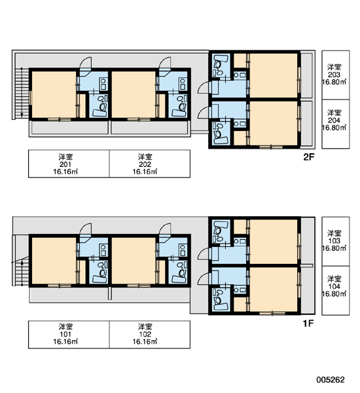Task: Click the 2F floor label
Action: (309, 157)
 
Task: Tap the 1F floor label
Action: (308, 324)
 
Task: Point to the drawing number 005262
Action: (331, 380)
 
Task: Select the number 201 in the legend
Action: (65, 164)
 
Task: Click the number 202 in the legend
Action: (145, 164)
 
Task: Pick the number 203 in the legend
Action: (334, 75)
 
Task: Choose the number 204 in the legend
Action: (334, 121)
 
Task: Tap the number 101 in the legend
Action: (65, 334)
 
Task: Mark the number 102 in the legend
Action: (145, 334)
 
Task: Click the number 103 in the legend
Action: (334, 241)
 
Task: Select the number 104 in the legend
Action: (334, 286)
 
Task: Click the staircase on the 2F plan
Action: (22, 93)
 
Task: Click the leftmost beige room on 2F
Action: (54, 94)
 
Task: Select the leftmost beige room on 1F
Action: (54, 261)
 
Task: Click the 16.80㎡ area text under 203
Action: (334, 82)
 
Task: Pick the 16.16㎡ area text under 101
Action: (65, 342)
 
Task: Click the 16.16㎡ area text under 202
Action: (145, 172)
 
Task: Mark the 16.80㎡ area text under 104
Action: (334, 293)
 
